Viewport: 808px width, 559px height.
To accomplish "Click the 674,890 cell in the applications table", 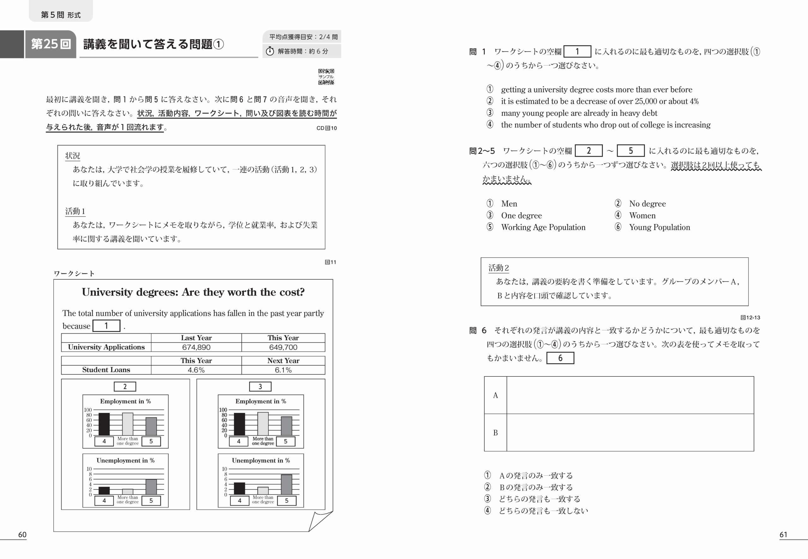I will tap(196, 347).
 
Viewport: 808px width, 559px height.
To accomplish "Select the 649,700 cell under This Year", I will tap(283, 347).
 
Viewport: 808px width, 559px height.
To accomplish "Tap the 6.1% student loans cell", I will tap(283, 370).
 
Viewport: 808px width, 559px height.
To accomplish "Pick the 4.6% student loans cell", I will tap(196, 370).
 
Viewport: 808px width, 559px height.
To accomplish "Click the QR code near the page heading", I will tap(326, 77).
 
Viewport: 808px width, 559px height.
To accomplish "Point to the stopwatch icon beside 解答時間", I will tap(270, 51).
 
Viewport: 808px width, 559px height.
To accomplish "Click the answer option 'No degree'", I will tap(647, 203).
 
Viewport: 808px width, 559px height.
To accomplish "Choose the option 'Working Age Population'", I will tap(543, 227).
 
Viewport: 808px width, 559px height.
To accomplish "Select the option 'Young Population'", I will tap(659, 227).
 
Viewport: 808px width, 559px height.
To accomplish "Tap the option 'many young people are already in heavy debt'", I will tap(579, 113).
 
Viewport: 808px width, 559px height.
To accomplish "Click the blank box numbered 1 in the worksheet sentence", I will tap(106, 326).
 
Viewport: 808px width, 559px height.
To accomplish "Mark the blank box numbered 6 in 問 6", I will tap(560, 358).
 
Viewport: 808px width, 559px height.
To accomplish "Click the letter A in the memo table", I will tap(495, 395).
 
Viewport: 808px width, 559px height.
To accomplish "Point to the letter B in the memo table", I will tap(495, 433).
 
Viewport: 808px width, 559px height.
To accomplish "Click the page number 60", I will tap(22, 534).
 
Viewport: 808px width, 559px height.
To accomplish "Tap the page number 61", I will tap(783, 534).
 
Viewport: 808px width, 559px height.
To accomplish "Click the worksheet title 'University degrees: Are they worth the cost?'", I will tap(193, 292).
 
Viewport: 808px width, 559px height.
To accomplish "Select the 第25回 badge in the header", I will tap(51, 44).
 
